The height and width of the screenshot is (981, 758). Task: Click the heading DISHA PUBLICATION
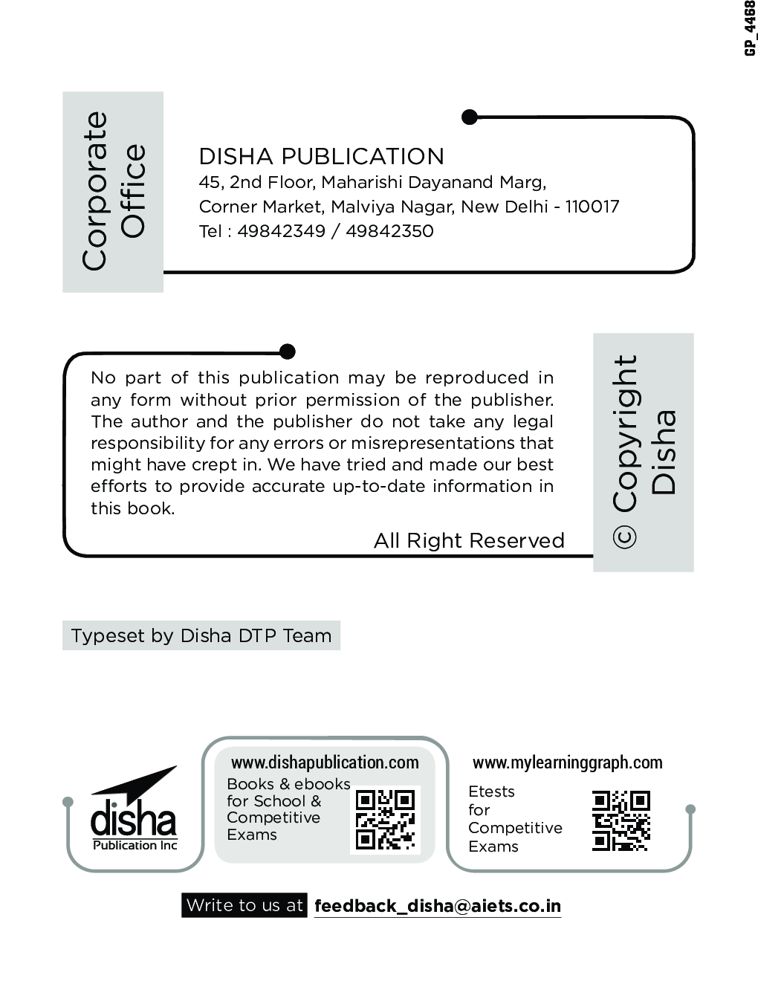click(321, 156)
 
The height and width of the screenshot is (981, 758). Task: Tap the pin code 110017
click(592, 207)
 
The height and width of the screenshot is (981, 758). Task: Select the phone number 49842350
click(389, 231)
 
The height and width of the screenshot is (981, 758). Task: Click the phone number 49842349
click(281, 231)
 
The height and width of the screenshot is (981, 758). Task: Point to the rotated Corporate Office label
click(113, 191)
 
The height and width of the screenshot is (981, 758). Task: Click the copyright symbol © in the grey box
click(625, 537)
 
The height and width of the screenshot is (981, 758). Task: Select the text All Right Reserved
click(469, 540)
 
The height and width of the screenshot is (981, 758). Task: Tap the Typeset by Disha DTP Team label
click(201, 636)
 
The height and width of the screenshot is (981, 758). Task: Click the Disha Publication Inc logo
click(135, 812)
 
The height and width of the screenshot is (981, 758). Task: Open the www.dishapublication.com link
click(325, 763)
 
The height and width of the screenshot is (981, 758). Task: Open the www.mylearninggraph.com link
click(567, 763)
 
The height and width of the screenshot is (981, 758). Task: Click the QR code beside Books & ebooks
click(385, 820)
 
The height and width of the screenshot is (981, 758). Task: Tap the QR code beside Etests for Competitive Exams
click(621, 821)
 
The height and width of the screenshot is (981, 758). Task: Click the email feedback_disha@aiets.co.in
click(437, 906)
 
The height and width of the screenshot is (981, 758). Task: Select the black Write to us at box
click(244, 905)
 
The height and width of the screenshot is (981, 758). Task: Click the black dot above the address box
click(470, 117)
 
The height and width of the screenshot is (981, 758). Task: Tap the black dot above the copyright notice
click(288, 352)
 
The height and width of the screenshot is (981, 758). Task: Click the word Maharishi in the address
click(361, 182)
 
